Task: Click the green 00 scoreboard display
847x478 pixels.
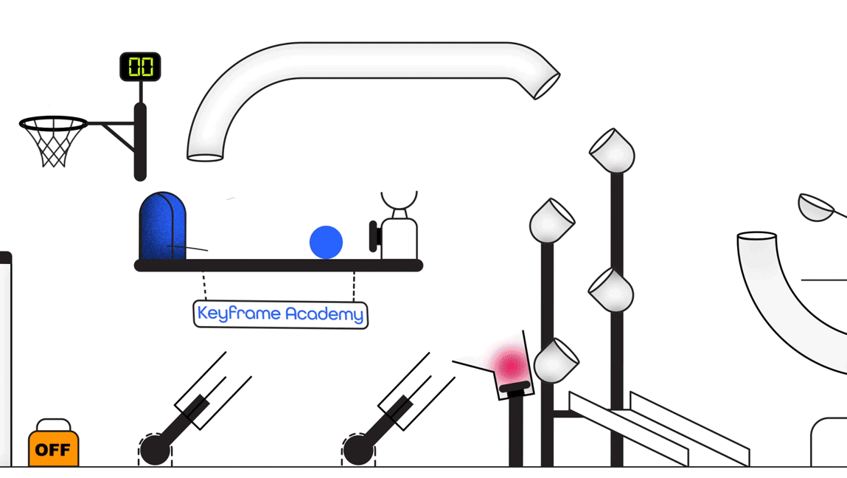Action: [140, 67]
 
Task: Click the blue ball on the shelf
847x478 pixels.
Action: [326, 242]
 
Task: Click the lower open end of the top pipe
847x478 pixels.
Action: [205, 156]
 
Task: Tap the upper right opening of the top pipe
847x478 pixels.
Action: [547, 86]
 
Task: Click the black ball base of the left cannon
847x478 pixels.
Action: [155, 450]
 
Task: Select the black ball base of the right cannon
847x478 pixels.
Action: [358, 450]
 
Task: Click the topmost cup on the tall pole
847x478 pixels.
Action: [613, 151]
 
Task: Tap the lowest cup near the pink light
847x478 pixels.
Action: [556, 361]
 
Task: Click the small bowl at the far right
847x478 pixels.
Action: [815, 209]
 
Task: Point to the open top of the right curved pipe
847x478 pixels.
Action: [757, 237]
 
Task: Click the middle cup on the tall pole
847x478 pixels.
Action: [612, 291]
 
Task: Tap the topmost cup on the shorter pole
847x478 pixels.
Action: [551, 221]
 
